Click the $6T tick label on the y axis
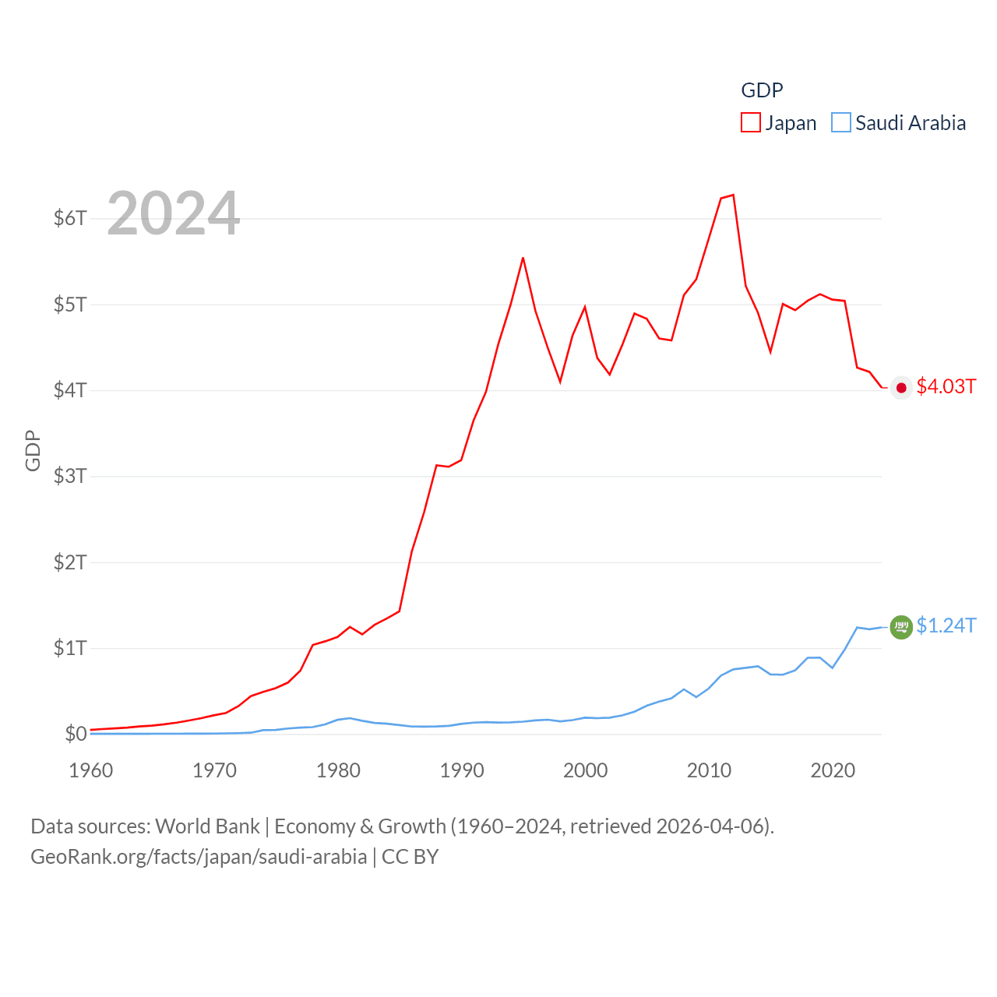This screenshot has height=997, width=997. tap(70, 218)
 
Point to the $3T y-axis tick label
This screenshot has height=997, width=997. tap(70, 476)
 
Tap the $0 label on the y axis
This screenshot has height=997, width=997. tap(76, 734)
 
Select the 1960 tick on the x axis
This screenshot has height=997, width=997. tap(91, 770)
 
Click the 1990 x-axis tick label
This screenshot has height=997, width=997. tap(462, 770)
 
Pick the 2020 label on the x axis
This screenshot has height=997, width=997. tap(833, 770)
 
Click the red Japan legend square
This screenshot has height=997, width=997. tap(751, 123)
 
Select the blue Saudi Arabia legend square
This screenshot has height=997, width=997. tap(841, 123)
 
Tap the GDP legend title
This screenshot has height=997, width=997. tap(762, 90)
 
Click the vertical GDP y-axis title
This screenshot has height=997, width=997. tap(33, 450)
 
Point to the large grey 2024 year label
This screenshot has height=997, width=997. tap(174, 213)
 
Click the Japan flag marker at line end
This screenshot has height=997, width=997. tap(901, 388)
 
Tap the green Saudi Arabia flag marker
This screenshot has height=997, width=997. tap(901, 627)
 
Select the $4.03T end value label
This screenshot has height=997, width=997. tap(946, 387)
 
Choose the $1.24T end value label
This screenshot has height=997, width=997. tap(946, 626)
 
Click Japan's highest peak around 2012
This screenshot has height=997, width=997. tap(733, 195)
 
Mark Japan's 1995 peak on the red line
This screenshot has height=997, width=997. tap(523, 258)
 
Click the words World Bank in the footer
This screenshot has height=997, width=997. tap(207, 826)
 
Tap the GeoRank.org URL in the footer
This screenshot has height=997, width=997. tap(199, 857)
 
